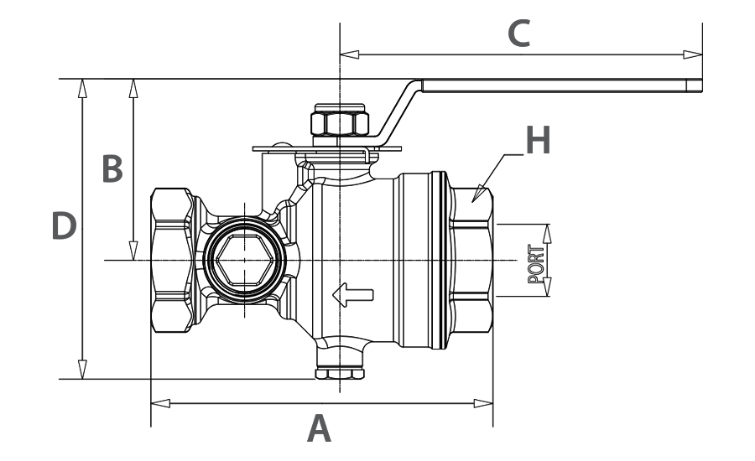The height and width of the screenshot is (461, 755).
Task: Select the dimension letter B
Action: tap(112, 168)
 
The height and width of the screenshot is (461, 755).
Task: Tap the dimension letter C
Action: tap(520, 34)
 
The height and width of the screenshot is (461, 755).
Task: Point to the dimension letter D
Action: tap(64, 227)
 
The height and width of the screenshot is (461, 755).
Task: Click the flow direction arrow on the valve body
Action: tap(352, 293)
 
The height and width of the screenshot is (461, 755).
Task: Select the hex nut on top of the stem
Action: tap(340, 123)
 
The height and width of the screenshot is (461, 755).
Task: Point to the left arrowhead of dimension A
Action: tap(159, 403)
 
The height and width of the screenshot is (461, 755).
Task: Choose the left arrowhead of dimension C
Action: tap(349, 54)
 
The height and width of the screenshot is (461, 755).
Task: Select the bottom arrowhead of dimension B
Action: tap(133, 251)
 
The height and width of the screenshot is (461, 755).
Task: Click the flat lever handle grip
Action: tap(562, 85)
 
